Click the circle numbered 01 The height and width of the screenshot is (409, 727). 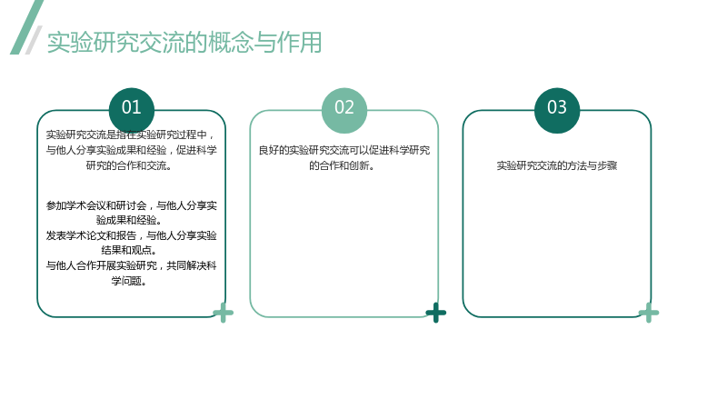131,110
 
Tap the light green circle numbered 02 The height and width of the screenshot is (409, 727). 344,110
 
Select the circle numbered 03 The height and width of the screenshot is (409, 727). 557,110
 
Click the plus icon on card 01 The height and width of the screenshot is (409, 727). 223,313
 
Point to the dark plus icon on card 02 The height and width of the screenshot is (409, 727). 436,313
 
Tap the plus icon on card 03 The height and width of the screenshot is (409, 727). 649,313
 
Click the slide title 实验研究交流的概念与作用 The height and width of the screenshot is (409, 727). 184,43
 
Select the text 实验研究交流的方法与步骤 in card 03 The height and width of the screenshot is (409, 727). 557,165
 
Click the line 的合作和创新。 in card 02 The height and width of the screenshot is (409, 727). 342,165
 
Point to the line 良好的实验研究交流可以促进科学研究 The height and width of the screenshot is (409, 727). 344,150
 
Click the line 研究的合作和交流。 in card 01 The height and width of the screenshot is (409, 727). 129,165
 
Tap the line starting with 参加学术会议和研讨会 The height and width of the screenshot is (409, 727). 131,205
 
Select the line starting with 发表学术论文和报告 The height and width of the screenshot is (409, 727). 131,235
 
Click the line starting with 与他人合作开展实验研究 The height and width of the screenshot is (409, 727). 131,265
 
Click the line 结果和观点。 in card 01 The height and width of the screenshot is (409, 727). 129,251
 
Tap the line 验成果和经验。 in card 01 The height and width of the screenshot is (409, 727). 129,220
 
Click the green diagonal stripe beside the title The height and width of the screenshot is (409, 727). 27,27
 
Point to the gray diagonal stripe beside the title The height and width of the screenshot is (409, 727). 34,40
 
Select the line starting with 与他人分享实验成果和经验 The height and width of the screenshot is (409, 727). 131,150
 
